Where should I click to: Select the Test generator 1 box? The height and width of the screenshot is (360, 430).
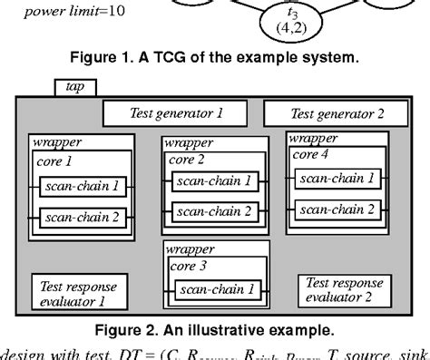[x=174, y=113]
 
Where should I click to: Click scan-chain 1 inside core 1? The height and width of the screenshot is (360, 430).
[x=81, y=188]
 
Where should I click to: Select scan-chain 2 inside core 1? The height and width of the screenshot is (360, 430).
[x=81, y=217]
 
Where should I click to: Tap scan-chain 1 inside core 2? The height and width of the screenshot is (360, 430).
[x=215, y=181]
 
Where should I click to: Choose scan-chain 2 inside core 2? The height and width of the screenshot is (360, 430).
[x=215, y=210]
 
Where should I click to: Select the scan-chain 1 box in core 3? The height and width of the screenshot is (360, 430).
[x=216, y=290]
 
